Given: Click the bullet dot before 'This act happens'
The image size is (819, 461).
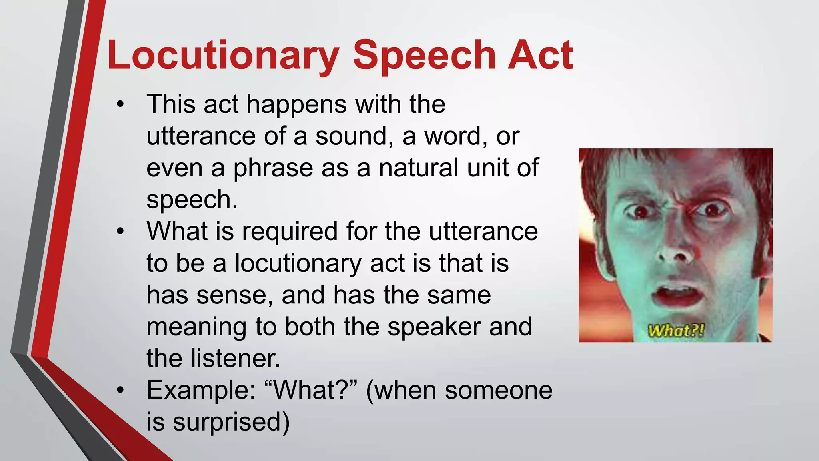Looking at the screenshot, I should pyautogui.click(x=120, y=105).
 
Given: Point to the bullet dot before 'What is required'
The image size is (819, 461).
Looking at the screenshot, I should pyautogui.click(x=120, y=232).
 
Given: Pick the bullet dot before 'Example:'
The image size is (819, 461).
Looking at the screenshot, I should pyautogui.click(x=120, y=390).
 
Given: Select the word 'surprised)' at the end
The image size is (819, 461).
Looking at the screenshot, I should pyautogui.click(x=231, y=422).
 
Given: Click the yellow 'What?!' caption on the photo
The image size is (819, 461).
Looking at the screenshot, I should pyautogui.click(x=676, y=331).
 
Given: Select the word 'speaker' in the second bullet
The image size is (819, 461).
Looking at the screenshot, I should pyautogui.click(x=434, y=327).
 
